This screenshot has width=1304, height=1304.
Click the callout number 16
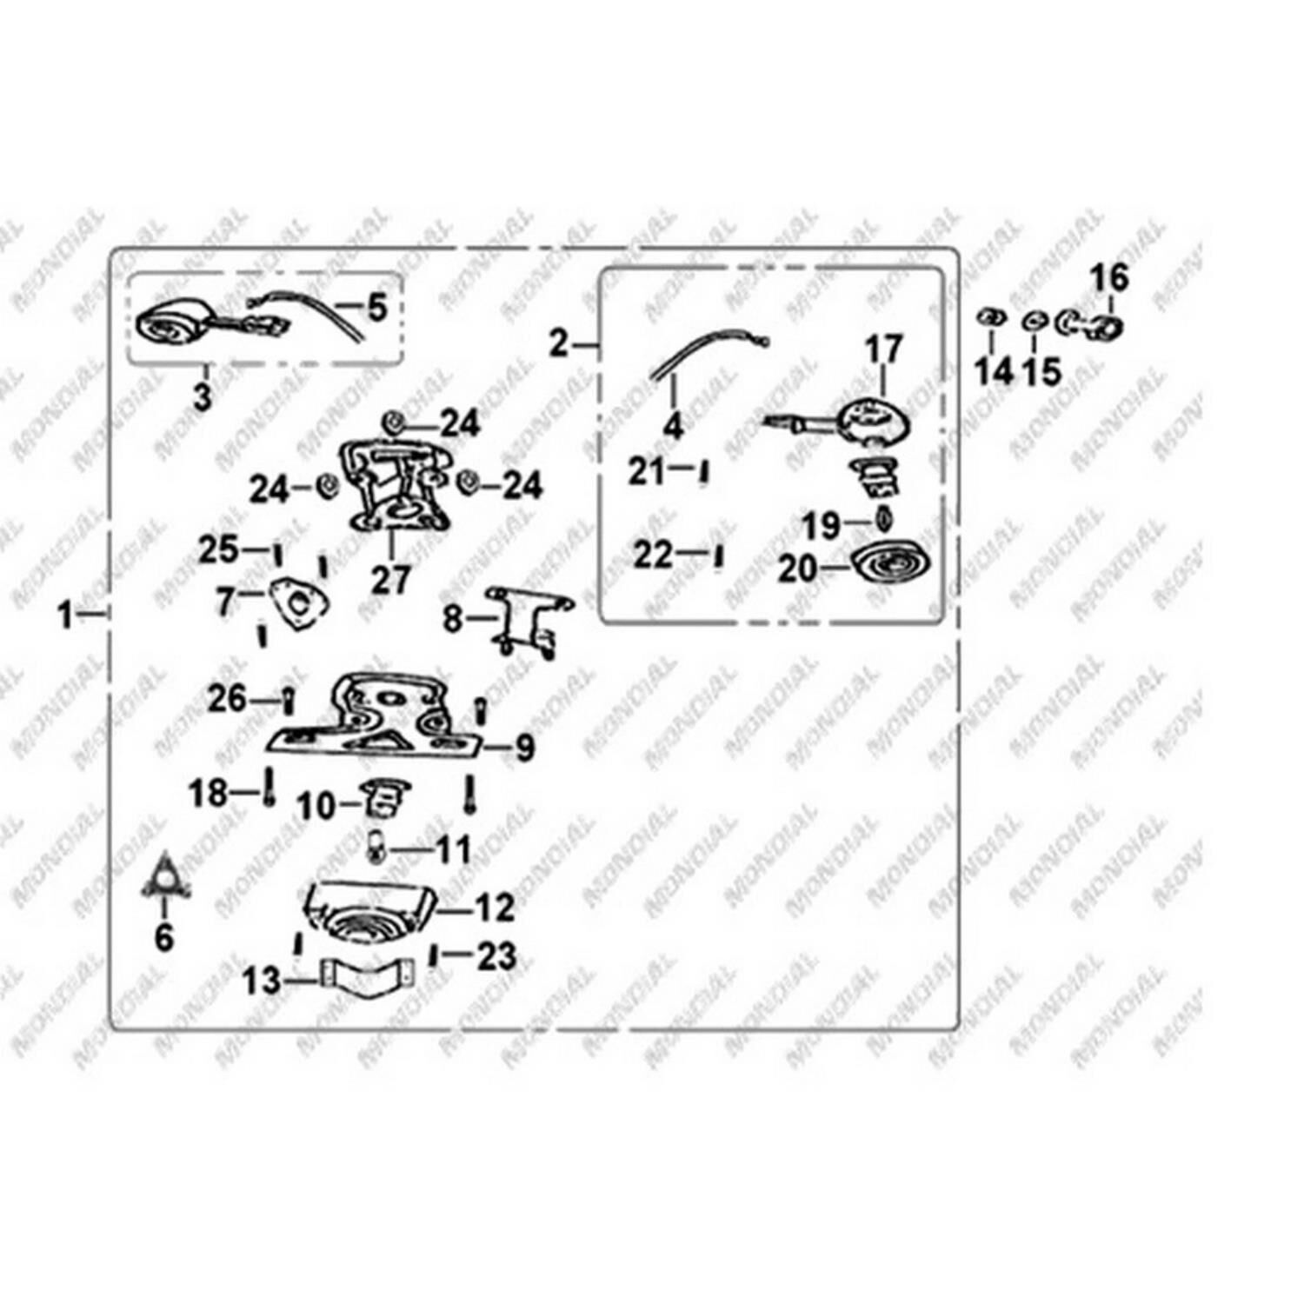pyautogui.click(x=1109, y=278)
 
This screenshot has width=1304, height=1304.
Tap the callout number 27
pyautogui.click(x=390, y=580)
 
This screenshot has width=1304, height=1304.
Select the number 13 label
pyautogui.click(x=262, y=981)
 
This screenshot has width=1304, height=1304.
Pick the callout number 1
pyautogui.click(x=65, y=615)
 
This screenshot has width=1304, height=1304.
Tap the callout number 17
pyautogui.click(x=883, y=349)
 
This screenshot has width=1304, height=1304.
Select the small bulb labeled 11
pyautogui.click(x=378, y=847)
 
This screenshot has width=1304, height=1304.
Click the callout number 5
pyautogui.click(x=376, y=307)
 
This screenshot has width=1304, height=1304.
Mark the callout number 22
pyautogui.click(x=653, y=554)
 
